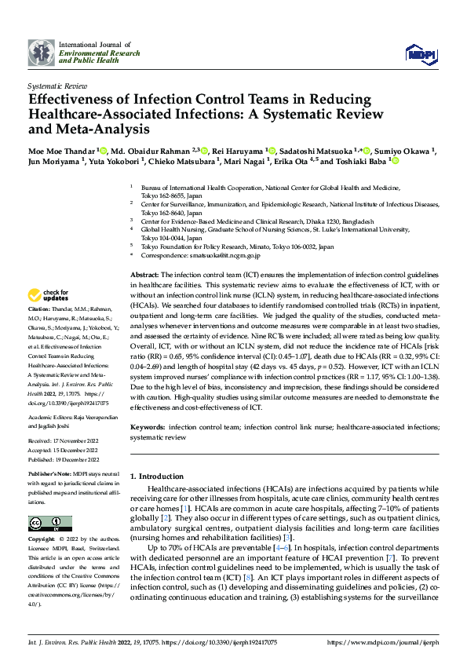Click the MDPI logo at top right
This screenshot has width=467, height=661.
(419, 52)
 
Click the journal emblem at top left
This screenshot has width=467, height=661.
(41, 53)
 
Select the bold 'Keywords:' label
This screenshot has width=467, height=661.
(147, 426)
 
